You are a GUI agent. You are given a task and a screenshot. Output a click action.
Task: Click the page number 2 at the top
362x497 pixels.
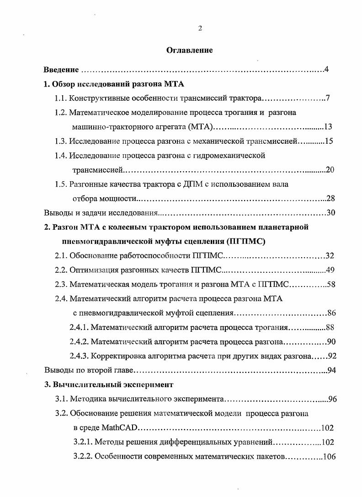click(x=200, y=28)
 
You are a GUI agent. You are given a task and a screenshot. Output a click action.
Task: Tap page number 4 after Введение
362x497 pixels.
click(x=327, y=70)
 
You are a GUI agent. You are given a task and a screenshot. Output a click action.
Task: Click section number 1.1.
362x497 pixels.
click(x=61, y=98)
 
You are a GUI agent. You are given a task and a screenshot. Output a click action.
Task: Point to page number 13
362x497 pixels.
click(x=329, y=127)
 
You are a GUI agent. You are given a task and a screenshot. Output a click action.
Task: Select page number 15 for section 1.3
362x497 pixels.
click(x=329, y=141)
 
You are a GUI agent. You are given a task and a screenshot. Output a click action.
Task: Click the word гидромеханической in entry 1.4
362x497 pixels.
click(x=234, y=156)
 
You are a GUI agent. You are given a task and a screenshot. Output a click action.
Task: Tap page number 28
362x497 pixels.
click(x=331, y=198)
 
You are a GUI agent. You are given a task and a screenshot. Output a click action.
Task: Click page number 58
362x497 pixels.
click(x=331, y=284)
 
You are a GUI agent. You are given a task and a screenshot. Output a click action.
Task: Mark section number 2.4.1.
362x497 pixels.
click(x=79, y=327)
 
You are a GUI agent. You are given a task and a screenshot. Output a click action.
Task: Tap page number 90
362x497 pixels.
click(x=332, y=341)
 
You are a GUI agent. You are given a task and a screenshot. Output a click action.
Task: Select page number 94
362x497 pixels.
click(x=332, y=370)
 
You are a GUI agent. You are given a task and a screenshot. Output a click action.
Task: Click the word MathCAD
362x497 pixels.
click(x=119, y=428)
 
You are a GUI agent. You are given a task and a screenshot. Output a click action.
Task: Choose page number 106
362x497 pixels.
click(x=328, y=456)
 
